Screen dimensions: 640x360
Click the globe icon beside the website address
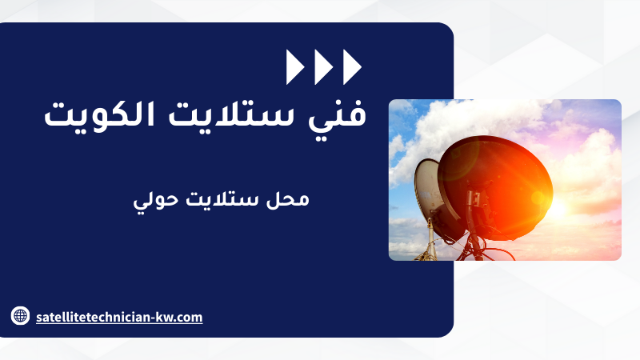point(20,315)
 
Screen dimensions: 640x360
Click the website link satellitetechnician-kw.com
point(119,317)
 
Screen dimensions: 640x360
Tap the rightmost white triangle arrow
point(352,67)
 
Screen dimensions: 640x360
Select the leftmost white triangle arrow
point(295,67)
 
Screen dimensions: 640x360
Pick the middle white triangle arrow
point(324,67)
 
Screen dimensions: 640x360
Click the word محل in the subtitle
point(288,199)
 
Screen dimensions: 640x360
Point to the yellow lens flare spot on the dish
point(537,198)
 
